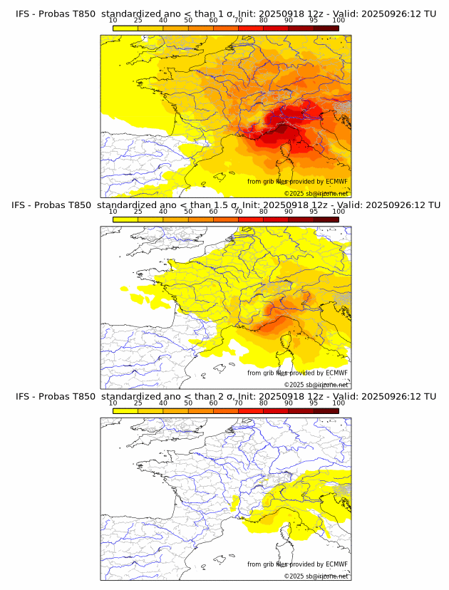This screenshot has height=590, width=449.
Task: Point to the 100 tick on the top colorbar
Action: click(339, 21)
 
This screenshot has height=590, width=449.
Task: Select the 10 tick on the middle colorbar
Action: click(113, 212)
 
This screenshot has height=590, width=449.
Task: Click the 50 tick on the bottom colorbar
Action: click(188, 403)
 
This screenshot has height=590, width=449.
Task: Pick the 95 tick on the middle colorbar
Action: click(314, 212)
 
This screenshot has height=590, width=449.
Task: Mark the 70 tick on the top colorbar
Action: click(238, 21)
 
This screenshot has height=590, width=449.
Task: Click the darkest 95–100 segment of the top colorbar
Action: click(326, 28)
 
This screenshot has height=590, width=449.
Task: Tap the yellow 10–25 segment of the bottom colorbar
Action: click(125, 410)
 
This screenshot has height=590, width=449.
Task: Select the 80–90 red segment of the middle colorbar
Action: click(276, 219)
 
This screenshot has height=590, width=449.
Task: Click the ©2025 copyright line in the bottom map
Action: click(316, 576)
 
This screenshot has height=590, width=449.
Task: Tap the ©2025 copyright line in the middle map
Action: click(316, 384)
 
